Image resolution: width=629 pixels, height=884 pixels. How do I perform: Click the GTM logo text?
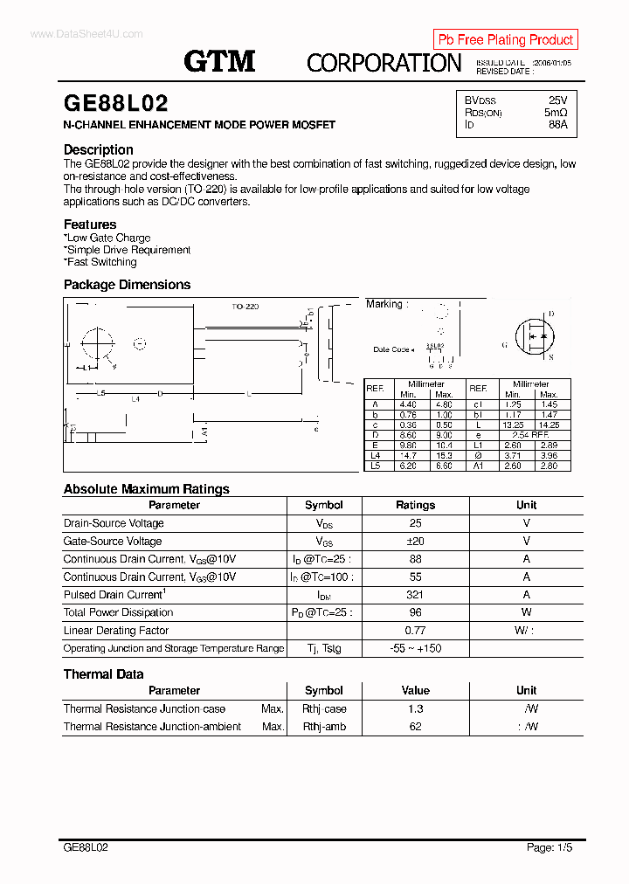[x=219, y=60]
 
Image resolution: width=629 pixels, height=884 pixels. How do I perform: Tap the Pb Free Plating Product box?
[x=505, y=39]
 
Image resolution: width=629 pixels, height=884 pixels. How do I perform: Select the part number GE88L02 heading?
[x=116, y=103]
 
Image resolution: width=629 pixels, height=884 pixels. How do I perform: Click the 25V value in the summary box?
[x=557, y=100]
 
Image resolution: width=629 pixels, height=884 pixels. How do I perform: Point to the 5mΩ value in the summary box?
[x=555, y=113]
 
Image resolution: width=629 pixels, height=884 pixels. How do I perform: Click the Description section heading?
[x=99, y=149]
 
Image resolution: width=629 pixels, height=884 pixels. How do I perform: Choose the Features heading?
[x=90, y=224]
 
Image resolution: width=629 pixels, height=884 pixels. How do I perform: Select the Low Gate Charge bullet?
[x=107, y=238]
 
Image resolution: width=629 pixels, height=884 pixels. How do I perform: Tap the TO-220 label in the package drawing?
[x=245, y=307]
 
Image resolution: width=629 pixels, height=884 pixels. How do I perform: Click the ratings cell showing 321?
[x=415, y=595]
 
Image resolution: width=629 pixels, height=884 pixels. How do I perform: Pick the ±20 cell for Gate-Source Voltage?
[x=415, y=542]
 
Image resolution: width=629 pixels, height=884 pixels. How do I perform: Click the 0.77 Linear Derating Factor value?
[x=415, y=631]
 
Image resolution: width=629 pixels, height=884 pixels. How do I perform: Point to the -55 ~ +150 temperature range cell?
[x=415, y=648]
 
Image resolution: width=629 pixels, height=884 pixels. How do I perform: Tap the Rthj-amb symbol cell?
[x=324, y=727]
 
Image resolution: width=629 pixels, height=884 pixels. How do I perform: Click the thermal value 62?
[x=415, y=727]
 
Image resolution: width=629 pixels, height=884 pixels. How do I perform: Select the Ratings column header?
[x=415, y=505]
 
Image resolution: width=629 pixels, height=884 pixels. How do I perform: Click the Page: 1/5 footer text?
[x=550, y=847]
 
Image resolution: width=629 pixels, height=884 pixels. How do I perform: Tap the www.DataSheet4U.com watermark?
[x=86, y=33]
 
